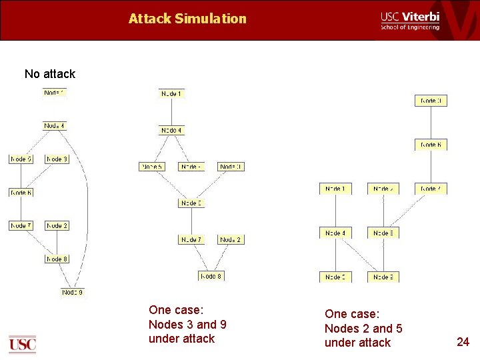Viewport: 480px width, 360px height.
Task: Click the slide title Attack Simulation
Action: click(187, 19)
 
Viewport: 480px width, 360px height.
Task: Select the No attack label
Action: click(50, 74)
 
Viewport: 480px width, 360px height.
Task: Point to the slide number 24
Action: click(463, 342)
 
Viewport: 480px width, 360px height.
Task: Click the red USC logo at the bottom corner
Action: click(22, 344)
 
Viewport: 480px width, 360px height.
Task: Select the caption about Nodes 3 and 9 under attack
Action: click(187, 325)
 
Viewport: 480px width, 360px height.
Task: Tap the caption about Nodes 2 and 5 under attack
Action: click(363, 328)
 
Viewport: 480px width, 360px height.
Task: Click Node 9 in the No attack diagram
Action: click(73, 292)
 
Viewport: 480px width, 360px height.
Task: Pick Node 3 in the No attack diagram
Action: click(57, 159)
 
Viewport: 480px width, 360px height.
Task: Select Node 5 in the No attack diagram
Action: click(21, 159)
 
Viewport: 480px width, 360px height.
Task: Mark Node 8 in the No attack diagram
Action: click(57, 259)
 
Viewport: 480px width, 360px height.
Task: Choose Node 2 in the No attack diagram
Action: click(57, 226)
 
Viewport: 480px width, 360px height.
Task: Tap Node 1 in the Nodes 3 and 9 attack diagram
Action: click(171, 94)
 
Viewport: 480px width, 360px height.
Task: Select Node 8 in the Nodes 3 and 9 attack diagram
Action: click(211, 276)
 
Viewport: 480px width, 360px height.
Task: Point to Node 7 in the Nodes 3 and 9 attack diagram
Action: click(191, 239)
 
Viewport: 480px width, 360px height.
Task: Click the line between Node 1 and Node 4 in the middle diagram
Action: click(171, 112)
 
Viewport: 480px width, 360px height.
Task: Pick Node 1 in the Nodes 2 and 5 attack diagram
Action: click(335, 189)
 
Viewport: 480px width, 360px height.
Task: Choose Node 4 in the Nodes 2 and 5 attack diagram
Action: click(335, 233)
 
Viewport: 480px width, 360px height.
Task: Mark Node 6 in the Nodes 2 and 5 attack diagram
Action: click(431, 145)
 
